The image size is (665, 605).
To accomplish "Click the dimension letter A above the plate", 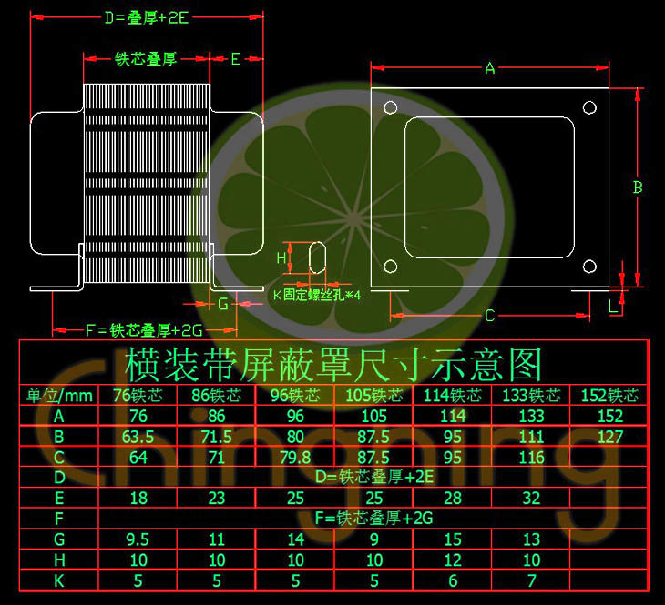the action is click(x=490, y=68).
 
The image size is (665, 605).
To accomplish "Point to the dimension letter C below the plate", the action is click(x=489, y=316).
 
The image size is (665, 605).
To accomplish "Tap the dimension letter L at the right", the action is click(x=613, y=307).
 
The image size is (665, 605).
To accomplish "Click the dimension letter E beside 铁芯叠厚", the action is click(x=235, y=59).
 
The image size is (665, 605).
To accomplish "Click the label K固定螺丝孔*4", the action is click(x=317, y=295).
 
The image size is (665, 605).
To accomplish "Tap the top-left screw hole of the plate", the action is click(x=391, y=107).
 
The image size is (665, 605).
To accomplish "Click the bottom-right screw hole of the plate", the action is click(x=589, y=267).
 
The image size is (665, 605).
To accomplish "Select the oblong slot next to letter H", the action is click(x=318, y=257).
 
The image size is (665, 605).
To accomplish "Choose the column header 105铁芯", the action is click(x=373, y=396).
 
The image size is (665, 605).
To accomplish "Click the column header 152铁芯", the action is click(x=609, y=396).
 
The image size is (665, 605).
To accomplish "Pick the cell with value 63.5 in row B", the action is click(x=138, y=436).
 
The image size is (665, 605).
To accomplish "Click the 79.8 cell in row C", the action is click(x=294, y=457).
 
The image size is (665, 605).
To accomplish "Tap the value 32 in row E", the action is click(x=531, y=498).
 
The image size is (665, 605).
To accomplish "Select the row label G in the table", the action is click(x=59, y=539).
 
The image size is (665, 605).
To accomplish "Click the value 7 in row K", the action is click(x=531, y=580).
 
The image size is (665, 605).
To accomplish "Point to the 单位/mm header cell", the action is click(x=59, y=396).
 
